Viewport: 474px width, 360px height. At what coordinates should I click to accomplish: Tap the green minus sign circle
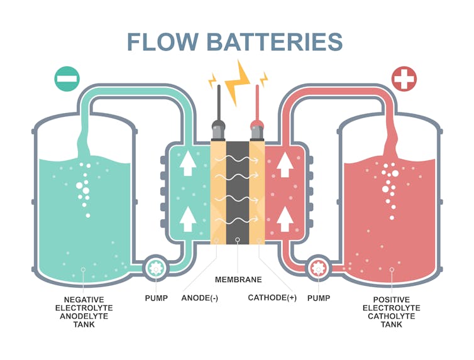pos(67,79)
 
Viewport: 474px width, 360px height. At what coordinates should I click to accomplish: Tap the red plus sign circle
pos(404,79)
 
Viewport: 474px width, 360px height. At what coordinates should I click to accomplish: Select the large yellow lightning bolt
pos(238,82)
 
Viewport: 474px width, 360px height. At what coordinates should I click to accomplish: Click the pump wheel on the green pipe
pos(155,268)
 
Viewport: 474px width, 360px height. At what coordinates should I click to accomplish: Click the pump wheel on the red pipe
pos(319,268)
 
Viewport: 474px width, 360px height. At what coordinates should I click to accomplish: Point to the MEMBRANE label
pos(238,279)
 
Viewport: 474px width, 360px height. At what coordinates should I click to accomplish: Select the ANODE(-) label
pos(200,298)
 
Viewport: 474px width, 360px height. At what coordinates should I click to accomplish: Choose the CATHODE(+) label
pos(272,298)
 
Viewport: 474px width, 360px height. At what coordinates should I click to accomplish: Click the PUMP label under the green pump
pos(156,298)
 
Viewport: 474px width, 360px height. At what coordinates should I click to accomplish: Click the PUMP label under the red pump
pos(318,298)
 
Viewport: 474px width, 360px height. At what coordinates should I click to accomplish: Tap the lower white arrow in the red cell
pos(285,219)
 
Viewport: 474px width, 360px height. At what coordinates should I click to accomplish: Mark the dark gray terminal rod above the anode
pos(218,101)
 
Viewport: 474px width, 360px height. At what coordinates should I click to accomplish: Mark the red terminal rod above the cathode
pos(256,101)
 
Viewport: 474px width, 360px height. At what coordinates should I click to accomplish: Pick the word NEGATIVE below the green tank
pos(84,300)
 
